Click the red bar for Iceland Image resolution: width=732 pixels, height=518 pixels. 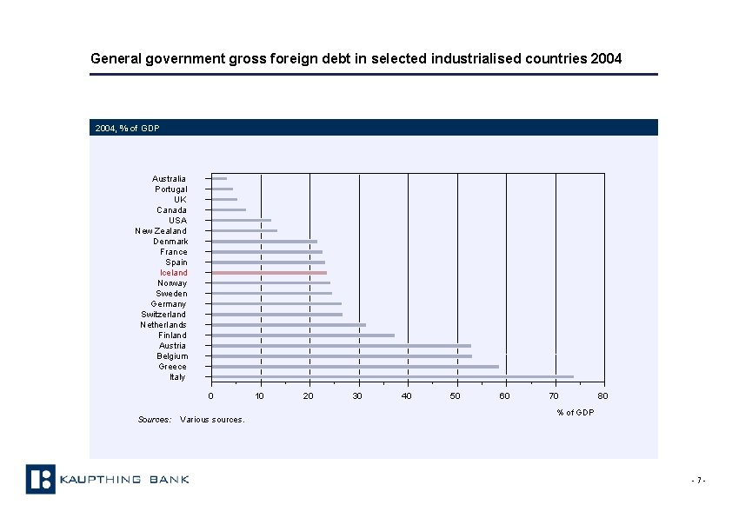tap(269, 273)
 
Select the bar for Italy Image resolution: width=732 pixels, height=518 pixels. tap(392, 377)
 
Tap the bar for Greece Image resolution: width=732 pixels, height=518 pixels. tap(355, 367)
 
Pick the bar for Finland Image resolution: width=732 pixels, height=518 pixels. tap(303, 335)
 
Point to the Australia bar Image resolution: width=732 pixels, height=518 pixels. tap(219, 179)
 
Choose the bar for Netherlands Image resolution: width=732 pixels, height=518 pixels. tap(289, 325)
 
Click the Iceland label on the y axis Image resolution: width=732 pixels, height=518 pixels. tap(173, 273)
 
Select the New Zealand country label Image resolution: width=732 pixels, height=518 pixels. tap(161, 231)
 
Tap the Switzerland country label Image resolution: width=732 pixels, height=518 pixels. tap(163, 315)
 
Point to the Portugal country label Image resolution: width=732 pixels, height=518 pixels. tap(170, 189)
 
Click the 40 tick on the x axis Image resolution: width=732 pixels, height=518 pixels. tap(406, 396)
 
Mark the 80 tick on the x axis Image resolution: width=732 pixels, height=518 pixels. tap(602, 396)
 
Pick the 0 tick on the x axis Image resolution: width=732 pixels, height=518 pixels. tap(210, 396)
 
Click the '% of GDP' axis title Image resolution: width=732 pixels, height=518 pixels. tap(576, 412)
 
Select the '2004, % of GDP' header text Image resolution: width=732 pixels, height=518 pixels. tap(127, 129)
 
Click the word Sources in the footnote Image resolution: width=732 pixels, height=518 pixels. tap(155, 420)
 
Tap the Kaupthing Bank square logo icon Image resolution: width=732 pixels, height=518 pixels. tap(40, 479)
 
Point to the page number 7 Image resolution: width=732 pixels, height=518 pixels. tap(697, 481)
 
